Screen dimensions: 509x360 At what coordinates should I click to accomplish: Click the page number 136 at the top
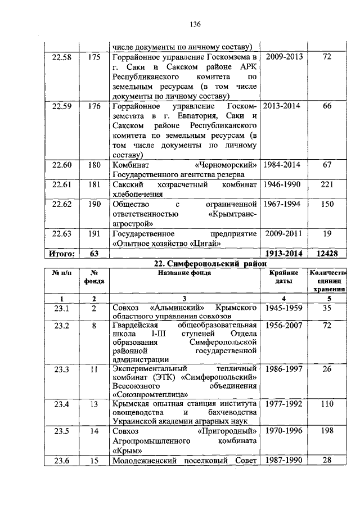tap(195, 24)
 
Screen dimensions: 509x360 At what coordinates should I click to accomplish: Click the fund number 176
tap(94, 106)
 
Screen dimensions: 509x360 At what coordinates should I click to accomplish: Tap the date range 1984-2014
tap(284, 165)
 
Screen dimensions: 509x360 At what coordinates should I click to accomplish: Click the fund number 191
tap(94, 233)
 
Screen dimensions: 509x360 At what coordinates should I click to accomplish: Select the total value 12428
tap(327, 254)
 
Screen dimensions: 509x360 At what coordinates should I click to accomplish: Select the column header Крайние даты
tap(284, 276)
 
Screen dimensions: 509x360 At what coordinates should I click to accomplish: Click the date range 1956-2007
tap(284, 326)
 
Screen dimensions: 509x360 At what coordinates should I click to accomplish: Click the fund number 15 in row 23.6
tap(94, 461)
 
